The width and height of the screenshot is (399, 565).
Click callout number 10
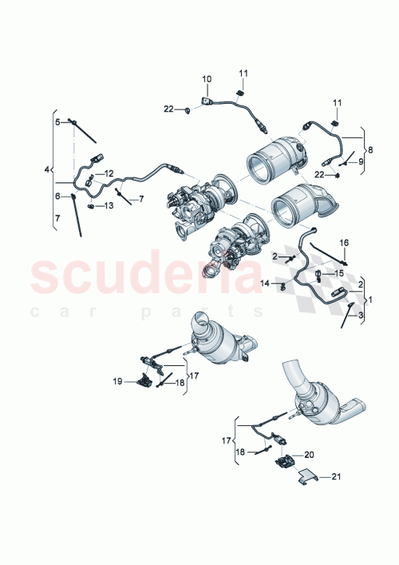(x=206, y=79)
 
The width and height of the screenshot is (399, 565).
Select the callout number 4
(x=47, y=169)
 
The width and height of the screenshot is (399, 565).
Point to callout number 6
(x=57, y=196)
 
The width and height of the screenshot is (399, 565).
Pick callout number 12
(x=109, y=173)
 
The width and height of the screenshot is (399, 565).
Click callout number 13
(x=109, y=206)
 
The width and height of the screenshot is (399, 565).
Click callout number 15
(x=338, y=273)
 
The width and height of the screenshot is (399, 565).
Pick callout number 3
(x=360, y=316)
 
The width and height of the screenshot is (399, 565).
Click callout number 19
(x=117, y=382)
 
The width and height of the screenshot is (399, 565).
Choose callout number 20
(x=310, y=454)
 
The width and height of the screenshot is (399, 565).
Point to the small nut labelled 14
(x=283, y=284)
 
